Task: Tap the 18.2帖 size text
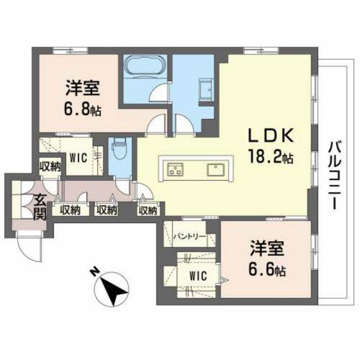[x=271, y=156]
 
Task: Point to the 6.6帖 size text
[x=266, y=270]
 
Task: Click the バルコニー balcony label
[x=335, y=174]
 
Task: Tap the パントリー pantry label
[x=190, y=237]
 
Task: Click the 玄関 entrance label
[x=39, y=207]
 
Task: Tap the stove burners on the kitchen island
[x=175, y=170]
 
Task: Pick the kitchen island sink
[x=214, y=170]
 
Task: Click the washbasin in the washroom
[x=207, y=88]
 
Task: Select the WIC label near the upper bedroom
[x=77, y=156]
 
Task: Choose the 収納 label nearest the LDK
[x=147, y=209]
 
